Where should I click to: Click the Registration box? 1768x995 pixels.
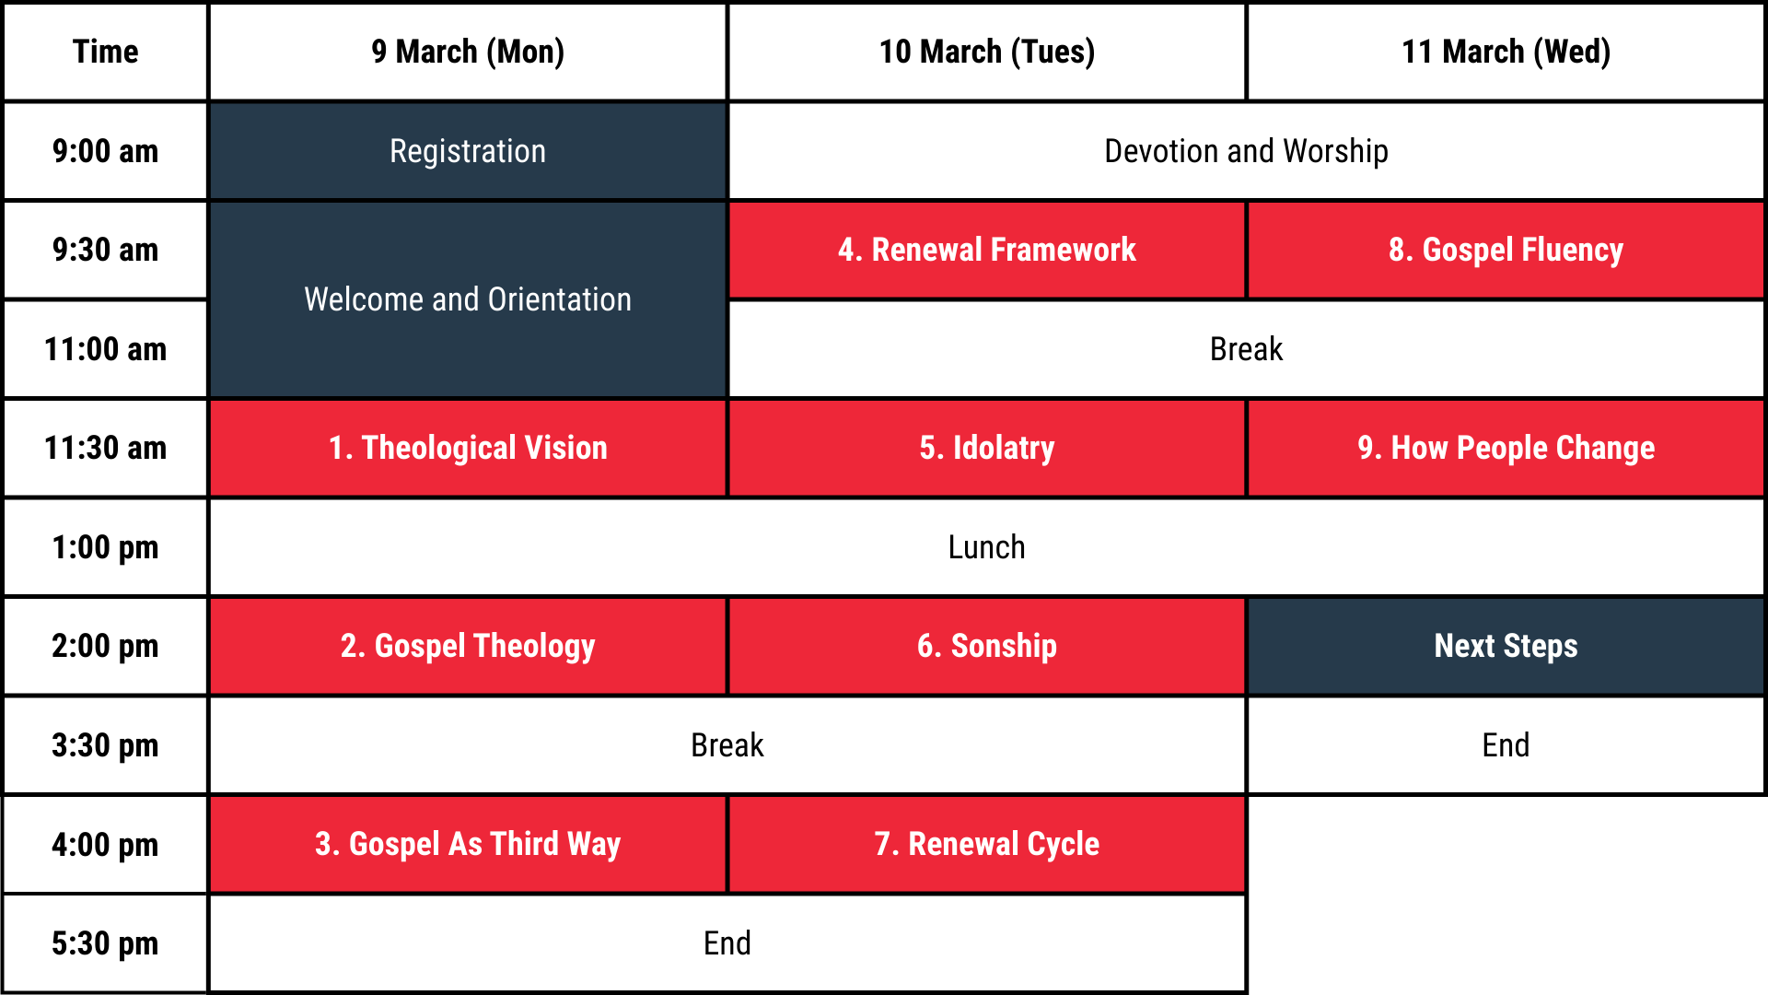click(468, 151)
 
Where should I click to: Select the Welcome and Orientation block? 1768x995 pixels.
click(468, 299)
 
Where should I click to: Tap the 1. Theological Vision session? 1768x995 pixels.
click(468, 448)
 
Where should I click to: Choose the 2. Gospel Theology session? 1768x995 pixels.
click(468, 646)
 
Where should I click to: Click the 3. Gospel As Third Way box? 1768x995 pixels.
click(468, 844)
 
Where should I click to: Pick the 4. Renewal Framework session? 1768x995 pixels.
click(986, 250)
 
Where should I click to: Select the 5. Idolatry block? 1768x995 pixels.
click(986, 448)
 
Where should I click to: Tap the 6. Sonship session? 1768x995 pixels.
click(986, 646)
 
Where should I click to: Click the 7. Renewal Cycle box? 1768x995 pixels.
click(986, 844)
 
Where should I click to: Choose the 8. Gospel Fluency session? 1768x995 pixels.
click(1506, 250)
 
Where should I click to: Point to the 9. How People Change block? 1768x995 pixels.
click(1506, 448)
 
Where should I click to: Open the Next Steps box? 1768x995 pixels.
click(1506, 646)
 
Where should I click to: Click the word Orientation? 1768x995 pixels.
click(560, 299)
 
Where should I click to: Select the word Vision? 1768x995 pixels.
click(565, 448)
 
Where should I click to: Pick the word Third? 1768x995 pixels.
click(524, 844)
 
